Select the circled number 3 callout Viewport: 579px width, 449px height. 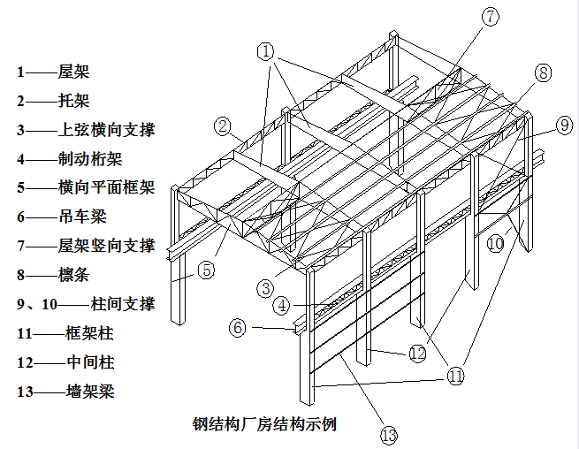tap(264, 287)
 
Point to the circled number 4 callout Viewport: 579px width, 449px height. tap(281, 306)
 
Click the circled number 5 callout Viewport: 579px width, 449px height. tap(205, 270)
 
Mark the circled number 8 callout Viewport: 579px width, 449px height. tap(543, 72)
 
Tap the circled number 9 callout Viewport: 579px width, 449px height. tap(566, 126)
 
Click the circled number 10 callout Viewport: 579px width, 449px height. tap(494, 241)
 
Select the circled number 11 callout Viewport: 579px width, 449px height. tap(455, 376)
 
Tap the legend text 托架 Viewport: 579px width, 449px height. tap(74, 101)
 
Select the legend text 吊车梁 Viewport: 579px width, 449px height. tap(81, 217)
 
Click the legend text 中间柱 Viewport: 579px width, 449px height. tap(89, 362)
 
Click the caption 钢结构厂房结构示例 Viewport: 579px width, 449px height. tap(264, 423)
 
